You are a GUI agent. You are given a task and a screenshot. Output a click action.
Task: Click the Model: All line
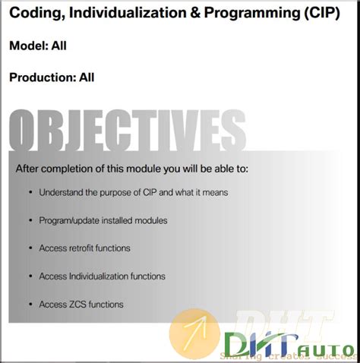pos(38,46)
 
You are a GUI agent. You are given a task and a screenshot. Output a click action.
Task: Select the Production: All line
pos(52,77)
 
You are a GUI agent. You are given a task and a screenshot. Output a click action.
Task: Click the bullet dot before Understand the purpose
pos(30,193)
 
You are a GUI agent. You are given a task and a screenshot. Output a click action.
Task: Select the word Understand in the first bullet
pos(62,193)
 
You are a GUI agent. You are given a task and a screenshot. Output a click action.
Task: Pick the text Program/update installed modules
pos(103,220)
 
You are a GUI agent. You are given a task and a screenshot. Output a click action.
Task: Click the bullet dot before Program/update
pos(30,220)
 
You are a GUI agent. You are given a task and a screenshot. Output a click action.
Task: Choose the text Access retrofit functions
pos(84,248)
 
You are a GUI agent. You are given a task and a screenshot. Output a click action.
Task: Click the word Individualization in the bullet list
pos(99,276)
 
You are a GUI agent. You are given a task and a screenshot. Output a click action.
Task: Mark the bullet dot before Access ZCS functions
pos(30,305)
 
